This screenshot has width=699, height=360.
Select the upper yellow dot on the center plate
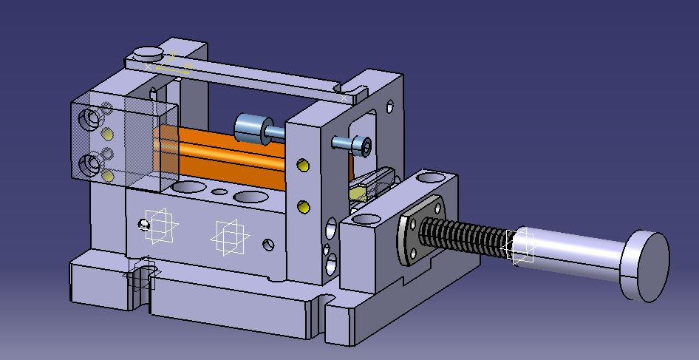tap(302, 165)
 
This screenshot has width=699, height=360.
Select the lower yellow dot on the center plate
tap(302, 206)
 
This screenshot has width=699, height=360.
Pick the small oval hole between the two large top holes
tap(219, 191)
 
